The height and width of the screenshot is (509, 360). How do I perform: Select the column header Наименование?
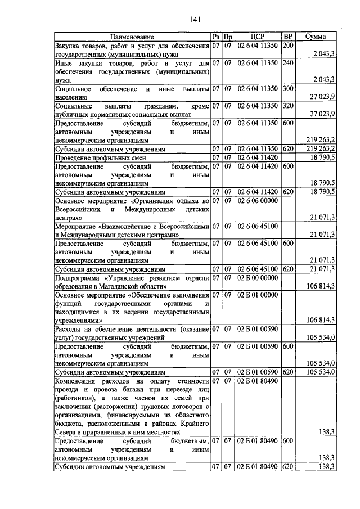pyautogui.click(x=132, y=37)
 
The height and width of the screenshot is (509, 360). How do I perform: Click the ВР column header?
pyautogui.click(x=287, y=37)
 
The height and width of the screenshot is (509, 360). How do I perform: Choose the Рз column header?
pyautogui.click(x=216, y=37)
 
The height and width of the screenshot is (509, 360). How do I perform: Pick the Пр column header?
pyautogui.click(x=228, y=37)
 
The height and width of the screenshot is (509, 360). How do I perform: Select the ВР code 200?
pyautogui.click(x=288, y=45)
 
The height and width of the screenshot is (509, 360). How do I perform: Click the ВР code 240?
pyautogui.click(x=288, y=64)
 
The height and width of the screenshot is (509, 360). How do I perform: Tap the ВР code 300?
pyautogui.click(x=288, y=89)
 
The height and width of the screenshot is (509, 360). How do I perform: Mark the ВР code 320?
pyautogui.click(x=288, y=106)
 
